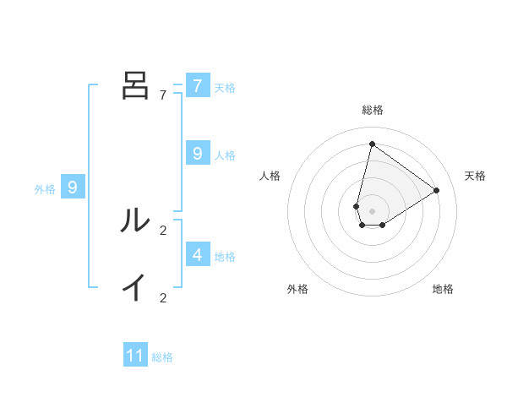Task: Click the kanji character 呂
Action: point(135,86)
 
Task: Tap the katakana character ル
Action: point(135,220)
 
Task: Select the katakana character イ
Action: point(135,288)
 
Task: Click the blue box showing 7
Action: point(197,86)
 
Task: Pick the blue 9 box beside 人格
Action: point(197,154)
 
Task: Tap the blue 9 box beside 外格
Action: point(73,188)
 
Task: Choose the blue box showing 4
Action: point(197,254)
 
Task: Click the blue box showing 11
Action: point(135,356)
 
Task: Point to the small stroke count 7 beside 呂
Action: point(163,95)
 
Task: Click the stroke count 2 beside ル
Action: point(163,230)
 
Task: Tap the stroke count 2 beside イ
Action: point(163,297)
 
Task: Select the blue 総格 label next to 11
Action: point(162,357)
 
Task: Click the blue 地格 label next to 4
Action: point(225,256)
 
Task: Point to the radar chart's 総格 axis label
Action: point(372,110)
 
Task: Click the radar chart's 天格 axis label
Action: point(475,176)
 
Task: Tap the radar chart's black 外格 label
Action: point(297,289)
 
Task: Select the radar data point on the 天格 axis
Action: point(437,190)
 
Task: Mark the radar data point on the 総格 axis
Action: point(372,144)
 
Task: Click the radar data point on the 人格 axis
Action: point(357,206)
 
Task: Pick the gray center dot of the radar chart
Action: point(372,211)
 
